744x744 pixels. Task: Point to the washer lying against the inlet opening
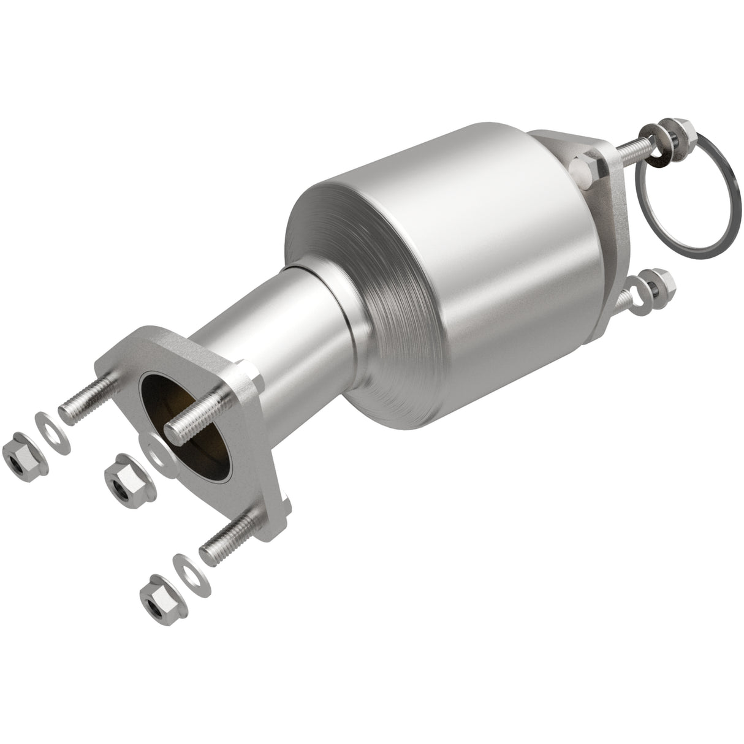tap(153, 452)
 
